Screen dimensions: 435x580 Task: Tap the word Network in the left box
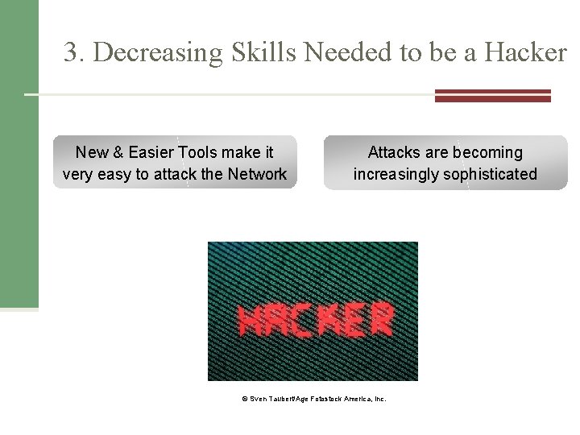(256, 174)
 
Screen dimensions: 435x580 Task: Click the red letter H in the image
(251, 320)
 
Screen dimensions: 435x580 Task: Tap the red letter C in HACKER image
(304, 320)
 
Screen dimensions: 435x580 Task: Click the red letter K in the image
(329, 320)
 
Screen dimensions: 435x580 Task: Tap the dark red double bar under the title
(492, 95)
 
